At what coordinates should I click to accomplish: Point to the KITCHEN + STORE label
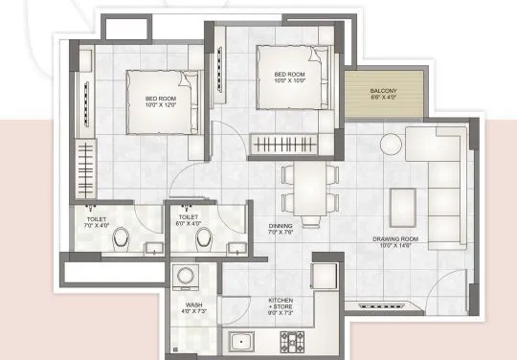286,305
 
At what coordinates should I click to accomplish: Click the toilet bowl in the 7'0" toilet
119,245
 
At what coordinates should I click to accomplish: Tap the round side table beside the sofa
393,146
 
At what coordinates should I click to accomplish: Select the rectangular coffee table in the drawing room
403,203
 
